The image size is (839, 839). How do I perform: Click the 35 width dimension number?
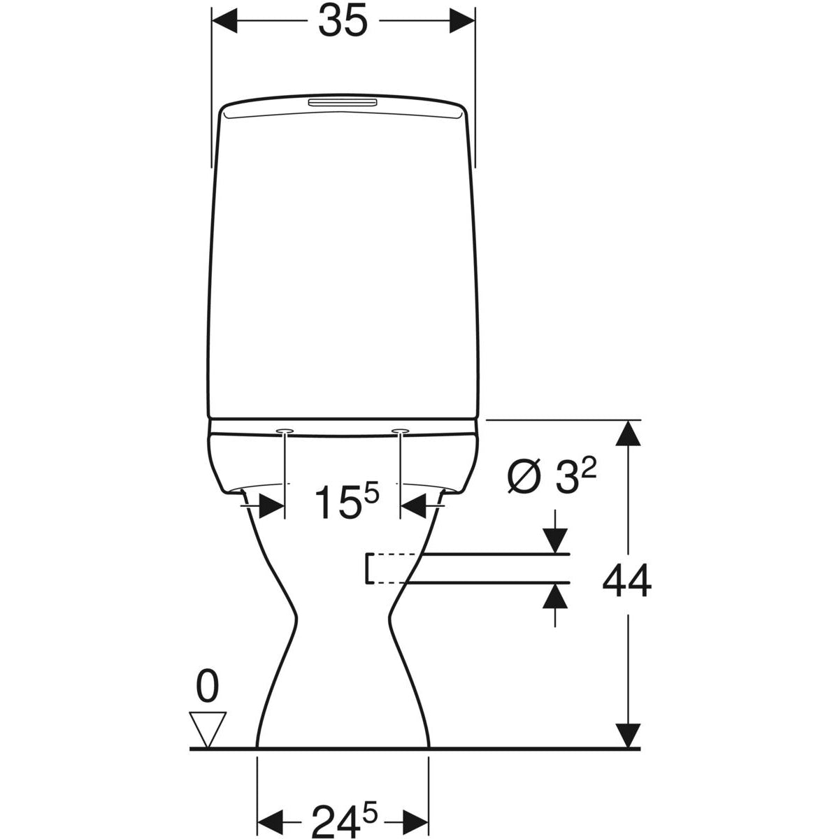tap(343, 21)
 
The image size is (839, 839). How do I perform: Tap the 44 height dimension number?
tap(627, 581)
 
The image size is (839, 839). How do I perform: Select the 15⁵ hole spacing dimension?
tap(347, 502)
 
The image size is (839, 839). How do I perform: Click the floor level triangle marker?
tap(208, 731)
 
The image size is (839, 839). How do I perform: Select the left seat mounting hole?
tap(285, 431)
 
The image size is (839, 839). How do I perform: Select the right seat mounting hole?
tap(400, 431)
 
